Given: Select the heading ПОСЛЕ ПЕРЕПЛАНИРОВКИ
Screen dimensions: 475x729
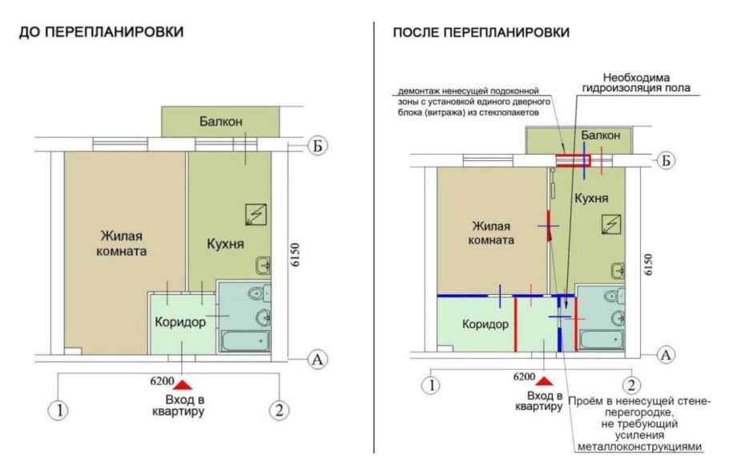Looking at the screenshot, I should (x=481, y=33).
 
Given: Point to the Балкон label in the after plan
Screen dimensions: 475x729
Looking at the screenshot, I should (x=601, y=135).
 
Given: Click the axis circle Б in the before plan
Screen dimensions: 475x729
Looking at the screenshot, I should (x=318, y=146).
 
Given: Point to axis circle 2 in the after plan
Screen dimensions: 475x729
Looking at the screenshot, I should (x=631, y=384).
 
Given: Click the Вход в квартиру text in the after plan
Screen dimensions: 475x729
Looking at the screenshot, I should (x=545, y=401).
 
